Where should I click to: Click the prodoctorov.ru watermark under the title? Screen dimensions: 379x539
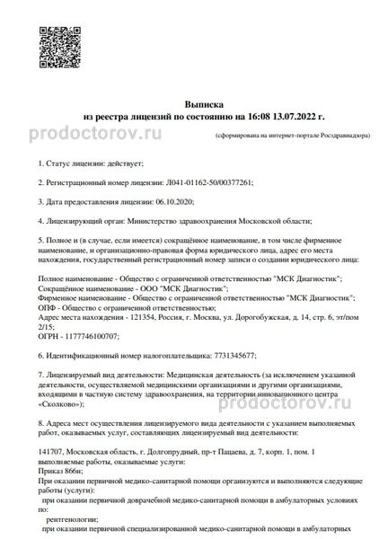(109, 134)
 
